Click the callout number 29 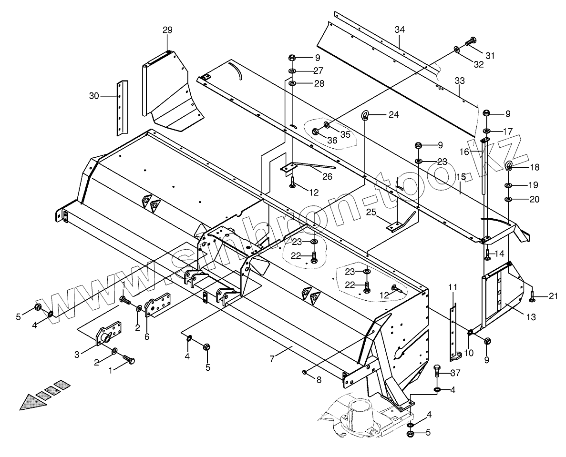[x=167, y=30]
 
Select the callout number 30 [x=94, y=96]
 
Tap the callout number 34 [x=400, y=30]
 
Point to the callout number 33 [x=459, y=81]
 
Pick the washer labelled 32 [x=457, y=50]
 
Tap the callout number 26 [x=327, y=176]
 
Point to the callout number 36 [x=332, y=140]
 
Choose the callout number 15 [x=461, y=177]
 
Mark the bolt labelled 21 [x=532, y=297]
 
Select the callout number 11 [x=453, y=287]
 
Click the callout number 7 [x=272, y=359]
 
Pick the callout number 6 [x=147, y=336]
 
